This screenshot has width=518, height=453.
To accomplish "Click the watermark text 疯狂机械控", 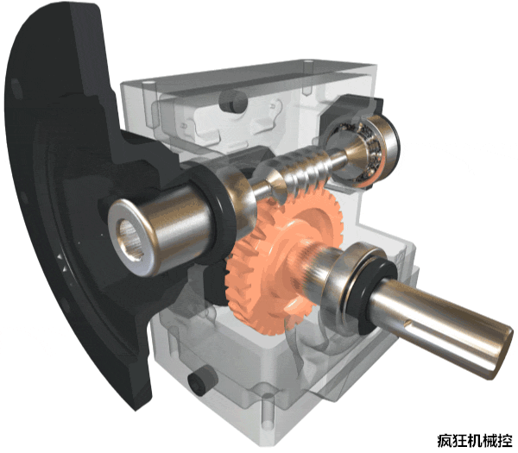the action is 475,441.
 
